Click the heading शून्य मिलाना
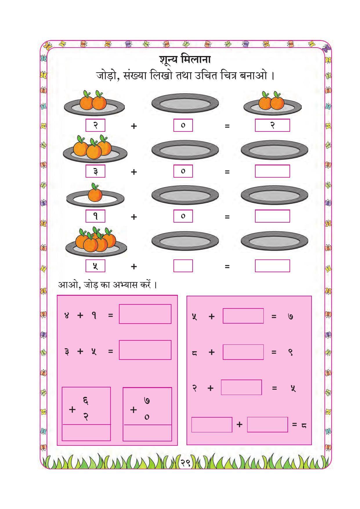tap(185, 60)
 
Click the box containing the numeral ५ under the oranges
tap(95, 266)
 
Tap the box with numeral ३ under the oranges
tap(95, 171)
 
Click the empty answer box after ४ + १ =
tap(145, 314)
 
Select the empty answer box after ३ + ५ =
tap(145, 350)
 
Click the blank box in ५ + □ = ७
tap(243, 316)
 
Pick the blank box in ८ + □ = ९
tap(243, 352)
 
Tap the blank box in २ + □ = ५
tap(241, 387)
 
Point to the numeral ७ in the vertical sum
tap(147, 401)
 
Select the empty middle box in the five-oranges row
tap(183, 266)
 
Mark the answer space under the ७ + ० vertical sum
tap(147, 433)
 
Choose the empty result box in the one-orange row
tap(272, 216)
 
